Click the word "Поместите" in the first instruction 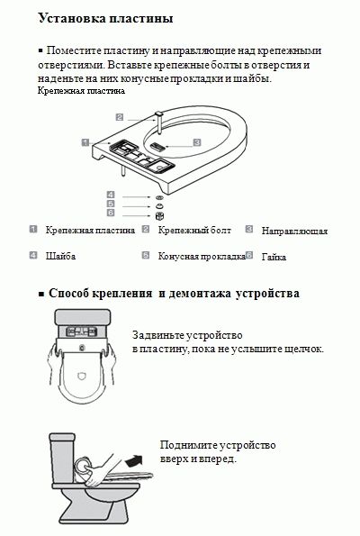pyautogui.click(x=79, y=50)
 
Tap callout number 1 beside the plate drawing pyautogui.click(x=84, y=141)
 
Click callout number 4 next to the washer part pyautogui.click(x=110, y=194)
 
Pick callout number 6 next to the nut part pyautogui.click(x=110, y=213)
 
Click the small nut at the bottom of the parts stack pyautogui.click(x=159, y=214)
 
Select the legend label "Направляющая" pyautogui.click(x=295, y=232)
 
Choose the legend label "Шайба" pyautogui.click(x=61, y=256)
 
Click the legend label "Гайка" pyautogui.click(x=274, y=257)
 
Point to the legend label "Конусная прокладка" pyautogui.click(x=201, y=256)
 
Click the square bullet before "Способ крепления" pyautogui.click(x=41, y=295)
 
